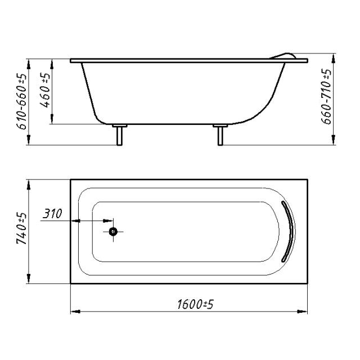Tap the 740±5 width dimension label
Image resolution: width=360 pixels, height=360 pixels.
21,228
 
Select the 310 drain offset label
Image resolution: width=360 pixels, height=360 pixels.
52,214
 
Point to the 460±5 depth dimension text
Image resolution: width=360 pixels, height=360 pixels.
45,90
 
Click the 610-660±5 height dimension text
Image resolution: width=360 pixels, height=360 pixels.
21,102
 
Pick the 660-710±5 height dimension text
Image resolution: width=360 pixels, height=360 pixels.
326,96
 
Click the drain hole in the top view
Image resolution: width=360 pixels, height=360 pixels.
113,232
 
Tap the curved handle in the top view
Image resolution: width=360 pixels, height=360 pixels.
289,231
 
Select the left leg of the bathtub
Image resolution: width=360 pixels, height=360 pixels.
119,136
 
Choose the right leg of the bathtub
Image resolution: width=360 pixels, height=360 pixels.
220,136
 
